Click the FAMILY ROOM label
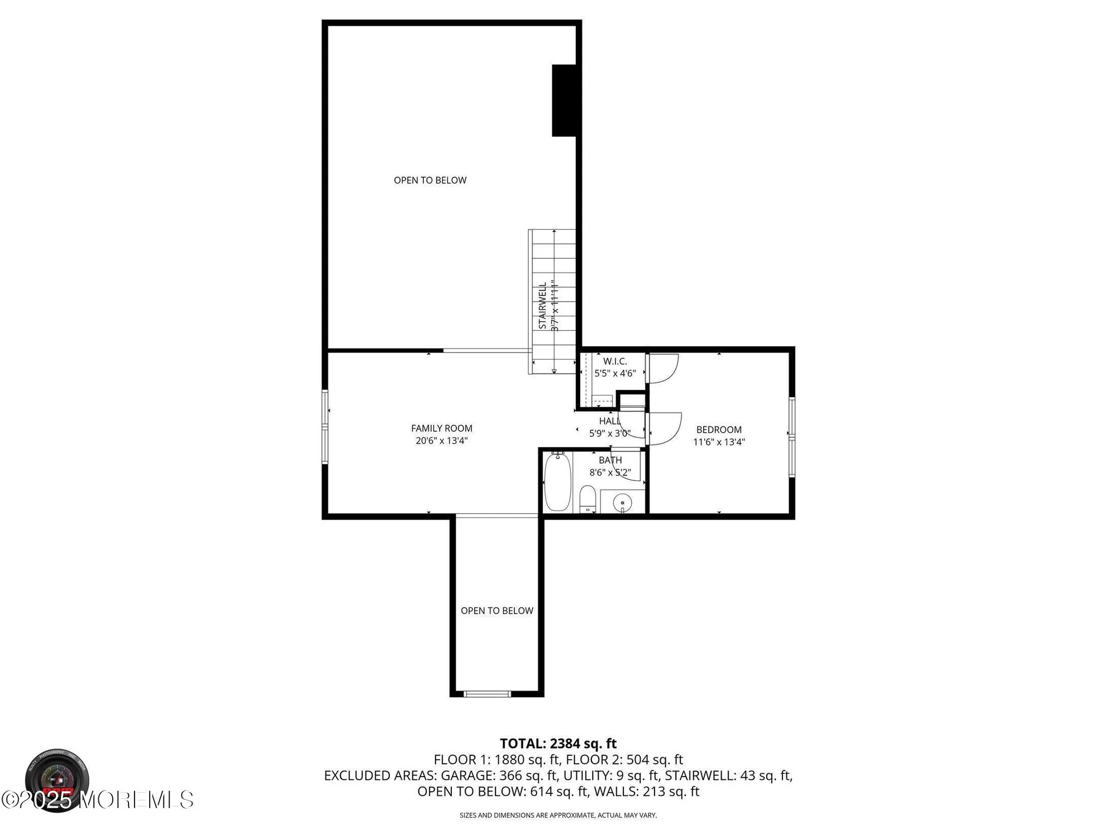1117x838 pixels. coord(441,428)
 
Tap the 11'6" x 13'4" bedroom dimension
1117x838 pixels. coord(719,442)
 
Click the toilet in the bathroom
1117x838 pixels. coord(587,499)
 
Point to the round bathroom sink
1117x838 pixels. coord(622,502)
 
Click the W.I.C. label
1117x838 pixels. coord(615,361)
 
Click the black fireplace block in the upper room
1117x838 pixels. coord(564,101)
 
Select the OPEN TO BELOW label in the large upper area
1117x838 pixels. coord(430,180)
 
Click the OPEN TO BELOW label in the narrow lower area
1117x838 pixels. coord(497,611)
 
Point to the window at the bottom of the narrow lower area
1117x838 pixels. coord(487,694)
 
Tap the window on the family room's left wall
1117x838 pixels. coord(325,427)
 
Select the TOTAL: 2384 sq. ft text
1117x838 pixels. coord(558,744)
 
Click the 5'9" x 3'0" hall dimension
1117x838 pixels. coord(609,433)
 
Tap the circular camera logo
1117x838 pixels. coord(56,780)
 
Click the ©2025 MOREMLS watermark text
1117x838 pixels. coord(98,800)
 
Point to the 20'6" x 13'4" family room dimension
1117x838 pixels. coord(441,441)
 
